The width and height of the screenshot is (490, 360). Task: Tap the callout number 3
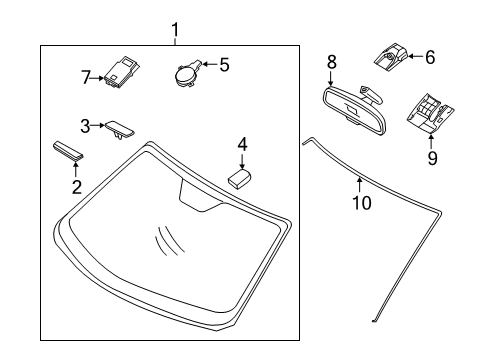(87, 125)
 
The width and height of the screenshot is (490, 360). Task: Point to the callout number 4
(241, 145)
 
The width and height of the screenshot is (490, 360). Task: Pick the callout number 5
(224, 65)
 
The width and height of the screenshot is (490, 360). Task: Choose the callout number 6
(430, 57)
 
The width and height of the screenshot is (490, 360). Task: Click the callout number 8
(331, 62)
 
